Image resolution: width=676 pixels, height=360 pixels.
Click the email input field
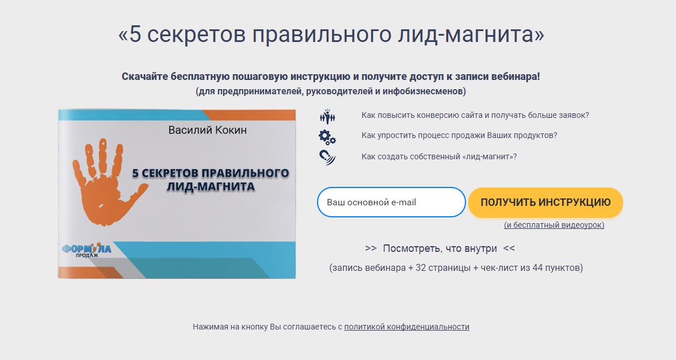[391, 202]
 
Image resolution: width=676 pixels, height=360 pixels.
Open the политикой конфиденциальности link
[407, 327]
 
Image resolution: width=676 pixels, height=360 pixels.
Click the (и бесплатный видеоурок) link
[554, 225]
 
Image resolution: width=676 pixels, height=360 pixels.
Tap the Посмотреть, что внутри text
[440, 249]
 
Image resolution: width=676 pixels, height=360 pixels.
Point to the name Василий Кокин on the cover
[207, 130]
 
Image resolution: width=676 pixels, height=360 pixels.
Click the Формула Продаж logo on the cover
[86, 250]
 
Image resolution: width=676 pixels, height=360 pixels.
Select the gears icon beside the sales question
[327, 137]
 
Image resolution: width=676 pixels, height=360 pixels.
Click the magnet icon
[327, 158]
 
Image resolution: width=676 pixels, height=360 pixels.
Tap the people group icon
[328, 116]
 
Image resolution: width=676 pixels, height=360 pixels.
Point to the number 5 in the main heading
[135, 35]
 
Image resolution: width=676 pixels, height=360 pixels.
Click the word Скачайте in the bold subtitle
[144, 76]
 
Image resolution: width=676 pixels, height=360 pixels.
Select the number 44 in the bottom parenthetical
[537, 268]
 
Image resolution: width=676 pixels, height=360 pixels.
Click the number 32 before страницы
[421, 268]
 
